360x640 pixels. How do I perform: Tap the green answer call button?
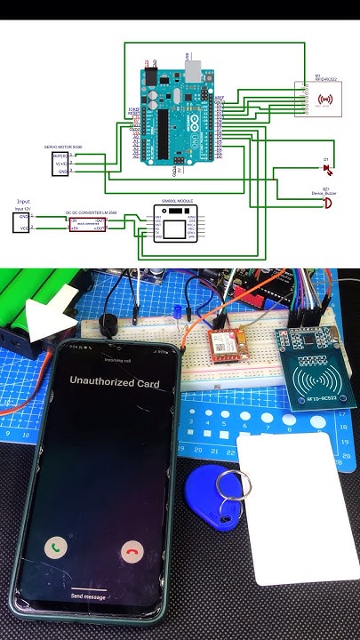coord(59,548)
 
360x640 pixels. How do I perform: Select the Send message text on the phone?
coord(89,596)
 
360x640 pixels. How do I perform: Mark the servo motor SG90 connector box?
coord(61,163)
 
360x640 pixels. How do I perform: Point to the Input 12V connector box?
coord(22,222)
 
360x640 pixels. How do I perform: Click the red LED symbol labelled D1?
coord(326,168)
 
